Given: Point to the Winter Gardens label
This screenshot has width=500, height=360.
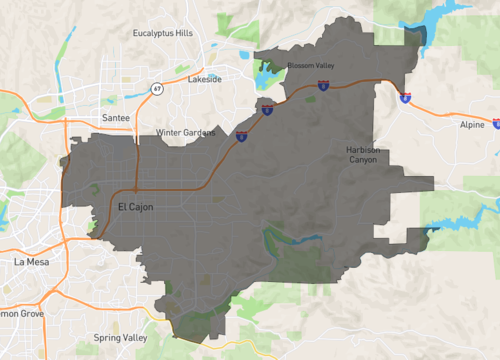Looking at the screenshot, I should click(x=185, y=132).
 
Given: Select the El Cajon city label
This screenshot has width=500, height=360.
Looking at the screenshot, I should click(x=133, y=206).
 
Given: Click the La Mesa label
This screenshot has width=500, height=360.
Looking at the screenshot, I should click(x=31, y=261).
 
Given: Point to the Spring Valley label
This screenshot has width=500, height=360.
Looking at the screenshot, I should click(x=120, y=338).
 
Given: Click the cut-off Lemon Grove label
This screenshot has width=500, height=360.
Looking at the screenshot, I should click(x=18, y=313).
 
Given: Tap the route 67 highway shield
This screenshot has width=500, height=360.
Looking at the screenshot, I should click(x=157, y=89).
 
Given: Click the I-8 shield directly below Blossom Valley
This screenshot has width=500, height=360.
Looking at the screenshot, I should click(x=322, y=86).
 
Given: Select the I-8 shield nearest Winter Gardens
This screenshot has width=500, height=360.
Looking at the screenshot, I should click(x=242, y=138).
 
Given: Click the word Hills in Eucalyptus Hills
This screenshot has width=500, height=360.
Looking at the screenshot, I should click(x=181, y=33).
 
